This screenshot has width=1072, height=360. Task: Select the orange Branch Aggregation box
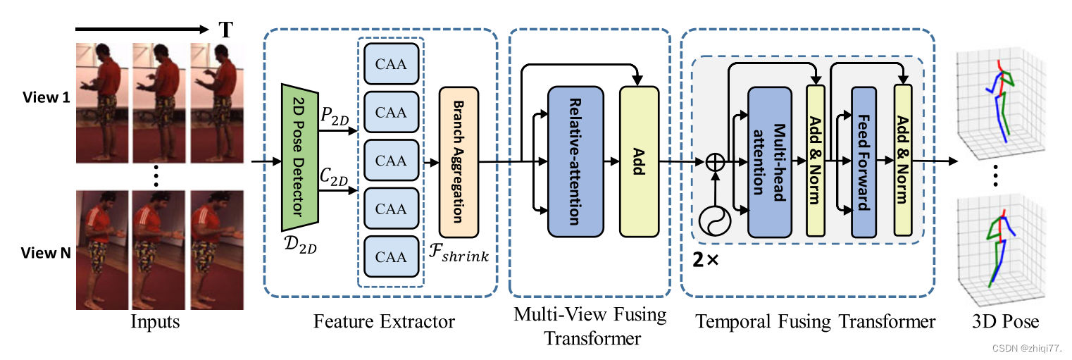point(459,162)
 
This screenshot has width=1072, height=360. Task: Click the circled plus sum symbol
point(715,162)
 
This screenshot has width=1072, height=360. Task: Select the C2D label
point(335,178)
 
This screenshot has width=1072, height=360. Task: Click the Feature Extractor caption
point(384,322)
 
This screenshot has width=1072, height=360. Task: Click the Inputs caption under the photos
point(155,322)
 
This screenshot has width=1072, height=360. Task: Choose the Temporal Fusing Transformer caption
point(816,322)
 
